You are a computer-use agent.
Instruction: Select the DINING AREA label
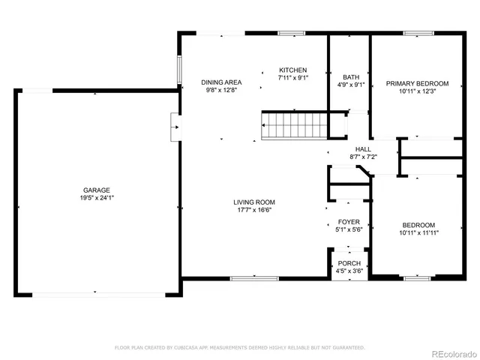coord(220,82)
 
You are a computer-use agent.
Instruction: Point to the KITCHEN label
coord(293,69)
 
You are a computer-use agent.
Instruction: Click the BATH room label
coord(350,76)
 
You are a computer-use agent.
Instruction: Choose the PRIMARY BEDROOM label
coord(417,83)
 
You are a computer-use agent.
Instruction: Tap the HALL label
coord(363,148)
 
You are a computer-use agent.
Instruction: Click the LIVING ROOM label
coord(253,202)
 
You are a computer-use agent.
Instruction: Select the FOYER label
coord(349,222)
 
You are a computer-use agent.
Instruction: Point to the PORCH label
coord(349,263)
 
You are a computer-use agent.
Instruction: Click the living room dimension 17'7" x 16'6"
coord(253,210)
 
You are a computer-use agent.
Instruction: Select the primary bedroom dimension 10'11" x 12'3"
coord(417,91)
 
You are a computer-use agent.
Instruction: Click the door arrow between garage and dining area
coord(175,127)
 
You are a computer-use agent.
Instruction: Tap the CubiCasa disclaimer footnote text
coord(240,347)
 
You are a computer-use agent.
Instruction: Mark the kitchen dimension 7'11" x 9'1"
coord(293,76)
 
